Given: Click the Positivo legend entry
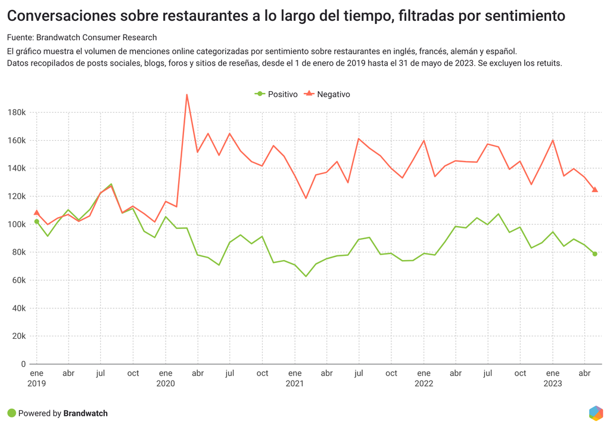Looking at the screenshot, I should (x=276, y=94).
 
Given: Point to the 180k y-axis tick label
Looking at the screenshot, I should (x=16, y=113).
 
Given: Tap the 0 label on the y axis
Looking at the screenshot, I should (x=23, y=364).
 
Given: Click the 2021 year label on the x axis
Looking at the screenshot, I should (x=295, y=383).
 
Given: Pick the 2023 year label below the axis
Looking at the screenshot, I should (x=553, y=383).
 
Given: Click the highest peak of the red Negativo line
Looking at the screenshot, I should (x=187, y=94).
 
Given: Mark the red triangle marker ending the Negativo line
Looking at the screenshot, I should (x=595, y=190).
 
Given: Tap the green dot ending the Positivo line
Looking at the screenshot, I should (x=595, y=254).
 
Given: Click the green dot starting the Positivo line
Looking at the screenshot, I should (x=37, y=221).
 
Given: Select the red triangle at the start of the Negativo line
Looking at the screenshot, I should (x=37, y=212).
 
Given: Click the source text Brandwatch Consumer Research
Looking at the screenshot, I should (x=97, y=38).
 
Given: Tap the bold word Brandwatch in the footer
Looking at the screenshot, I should (x=85, y=413).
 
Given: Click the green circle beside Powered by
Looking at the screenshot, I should (x=11, y=413).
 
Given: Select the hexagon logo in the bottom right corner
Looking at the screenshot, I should (x=595, y=413).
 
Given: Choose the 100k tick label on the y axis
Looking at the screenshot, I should (x=16, y=224).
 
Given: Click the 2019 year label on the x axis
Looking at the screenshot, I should (x=37, y=383).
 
